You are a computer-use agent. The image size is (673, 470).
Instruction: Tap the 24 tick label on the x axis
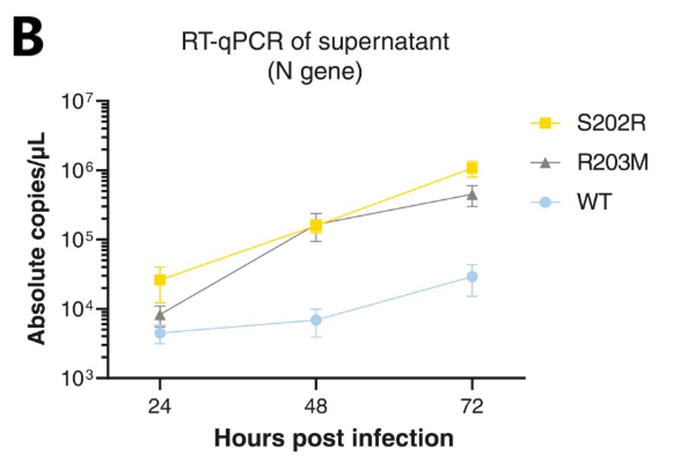[x=160, y=406]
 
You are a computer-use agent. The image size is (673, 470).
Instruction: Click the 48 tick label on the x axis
[x=316, y=406]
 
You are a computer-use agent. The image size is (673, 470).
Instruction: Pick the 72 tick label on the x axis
[x=472, y=406]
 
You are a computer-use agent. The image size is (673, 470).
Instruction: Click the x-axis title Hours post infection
[x=334, y=439]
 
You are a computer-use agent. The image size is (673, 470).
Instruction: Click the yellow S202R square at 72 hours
[x=472, y=168]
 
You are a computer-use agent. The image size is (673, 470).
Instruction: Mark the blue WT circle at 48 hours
[x=316, y=320]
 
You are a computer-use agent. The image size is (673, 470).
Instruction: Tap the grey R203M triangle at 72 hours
[x=472, y=194]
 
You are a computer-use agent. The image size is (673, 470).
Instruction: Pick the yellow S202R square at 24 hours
[x=160, y=280]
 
